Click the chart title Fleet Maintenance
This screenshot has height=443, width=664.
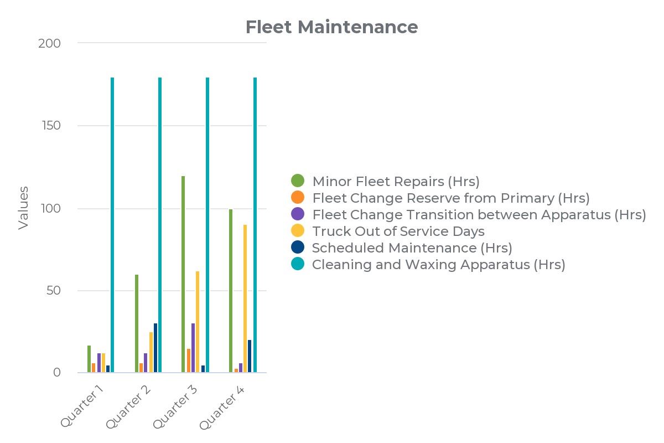click(331, 27)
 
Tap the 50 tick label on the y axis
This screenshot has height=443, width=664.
click(53, 291)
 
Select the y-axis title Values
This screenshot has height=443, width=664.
click(23, 208)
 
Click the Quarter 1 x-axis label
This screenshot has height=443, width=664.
click(83, 406)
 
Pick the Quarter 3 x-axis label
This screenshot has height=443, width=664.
click(176, 406)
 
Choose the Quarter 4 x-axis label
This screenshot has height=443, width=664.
click(222, 406)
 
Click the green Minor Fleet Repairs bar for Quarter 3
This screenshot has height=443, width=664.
click(183, 274)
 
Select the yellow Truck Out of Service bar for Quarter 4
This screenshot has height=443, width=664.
click(245, 299)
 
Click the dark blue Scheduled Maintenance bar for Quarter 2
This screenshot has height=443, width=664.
click(155, 348)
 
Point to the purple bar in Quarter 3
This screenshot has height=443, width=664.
click(193, 348)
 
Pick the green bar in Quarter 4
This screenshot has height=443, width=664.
click(231, 291)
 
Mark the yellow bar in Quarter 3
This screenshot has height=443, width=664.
click(198, 322)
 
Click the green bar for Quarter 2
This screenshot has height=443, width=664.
click(137, 323)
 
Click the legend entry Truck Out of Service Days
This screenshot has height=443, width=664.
click(398, 231)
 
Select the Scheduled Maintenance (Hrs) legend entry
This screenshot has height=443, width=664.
click(412, 248)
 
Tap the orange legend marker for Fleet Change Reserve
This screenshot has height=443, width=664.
click(298, 197)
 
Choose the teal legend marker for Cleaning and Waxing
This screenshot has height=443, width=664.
click(298, 265)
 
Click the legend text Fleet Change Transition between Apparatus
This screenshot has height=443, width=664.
click(479, 214)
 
